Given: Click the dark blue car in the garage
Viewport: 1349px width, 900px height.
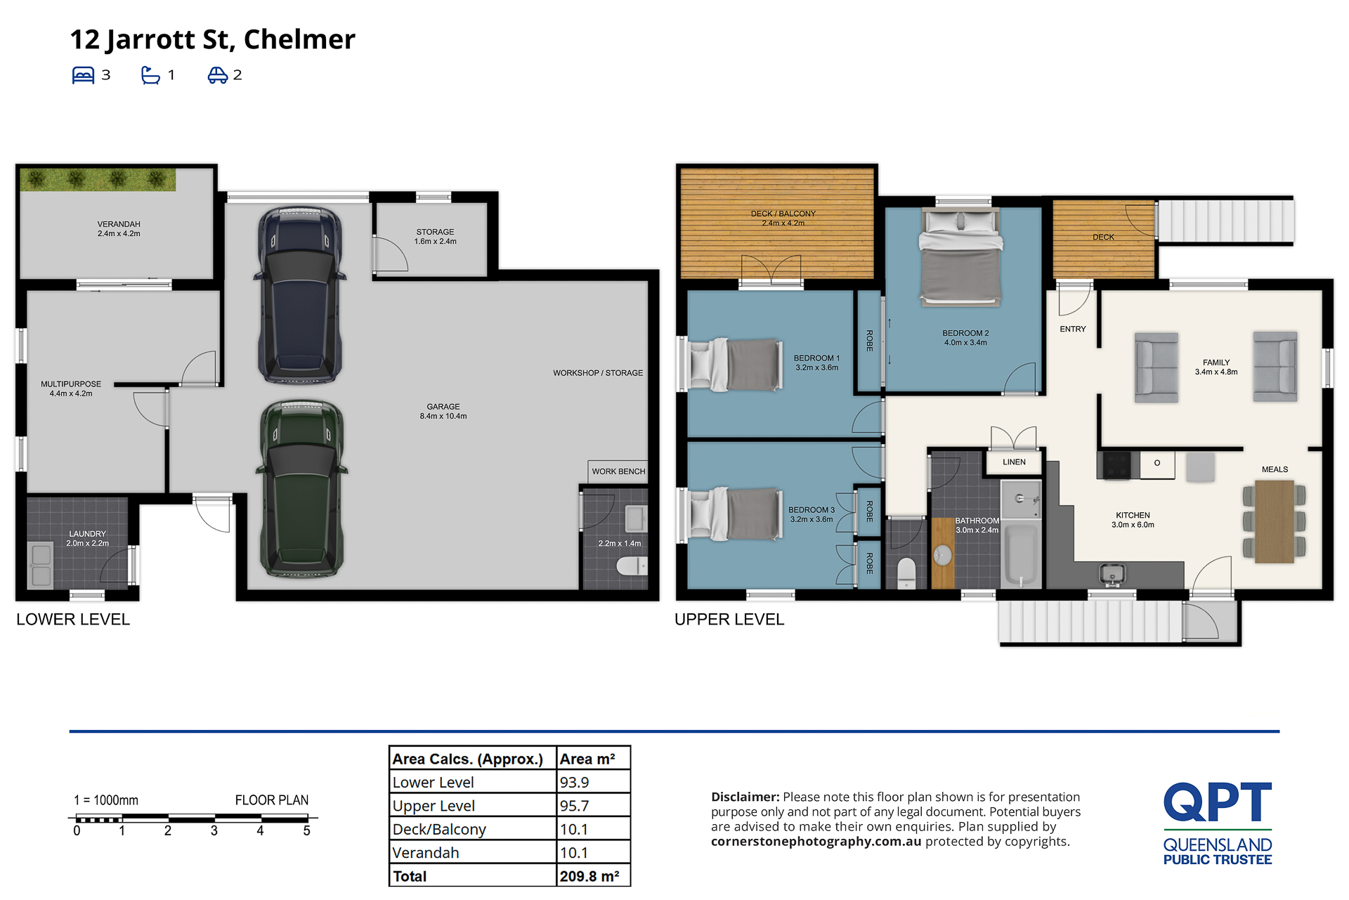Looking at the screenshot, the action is point(301,295).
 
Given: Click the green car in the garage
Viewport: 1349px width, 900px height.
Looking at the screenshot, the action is point(302,488).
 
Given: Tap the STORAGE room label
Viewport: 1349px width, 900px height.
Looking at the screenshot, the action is point(435,232).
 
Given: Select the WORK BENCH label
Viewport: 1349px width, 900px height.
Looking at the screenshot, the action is point(618,471).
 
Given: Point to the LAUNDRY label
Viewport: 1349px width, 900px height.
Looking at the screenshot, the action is point(88,534).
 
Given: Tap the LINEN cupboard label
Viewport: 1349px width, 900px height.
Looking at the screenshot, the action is point(1014,462).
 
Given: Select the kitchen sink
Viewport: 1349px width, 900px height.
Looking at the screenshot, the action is point(1112,574).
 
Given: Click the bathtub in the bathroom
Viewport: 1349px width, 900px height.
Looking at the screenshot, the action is point(1020,555).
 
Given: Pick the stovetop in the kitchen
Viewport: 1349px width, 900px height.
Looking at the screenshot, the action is point(1116,465).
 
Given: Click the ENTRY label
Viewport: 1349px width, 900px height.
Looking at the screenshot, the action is point(1073,329).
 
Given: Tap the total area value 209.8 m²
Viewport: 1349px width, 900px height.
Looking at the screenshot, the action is point(589,876).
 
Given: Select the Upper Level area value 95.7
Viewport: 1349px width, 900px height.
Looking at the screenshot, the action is point(574,806).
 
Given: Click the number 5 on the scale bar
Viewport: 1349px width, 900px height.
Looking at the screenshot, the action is point(306,830).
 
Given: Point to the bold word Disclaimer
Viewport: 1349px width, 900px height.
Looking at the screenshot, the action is point(745,797).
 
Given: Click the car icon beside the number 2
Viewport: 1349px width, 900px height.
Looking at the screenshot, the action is point(218,75).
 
